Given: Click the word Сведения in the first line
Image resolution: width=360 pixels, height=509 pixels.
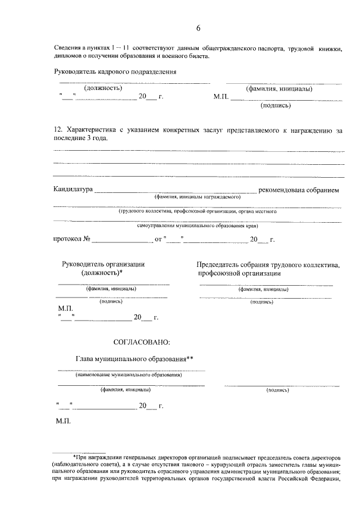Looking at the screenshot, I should pos(68,49).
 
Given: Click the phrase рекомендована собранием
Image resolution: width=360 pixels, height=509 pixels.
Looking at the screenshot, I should pos(299,190).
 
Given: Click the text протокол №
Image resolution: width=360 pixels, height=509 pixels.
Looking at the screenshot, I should pos(72,240).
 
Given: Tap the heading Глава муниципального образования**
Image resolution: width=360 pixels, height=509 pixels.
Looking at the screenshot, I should pos(134,359).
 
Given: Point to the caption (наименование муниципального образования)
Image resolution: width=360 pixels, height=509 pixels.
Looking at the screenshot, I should pos(129,374).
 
